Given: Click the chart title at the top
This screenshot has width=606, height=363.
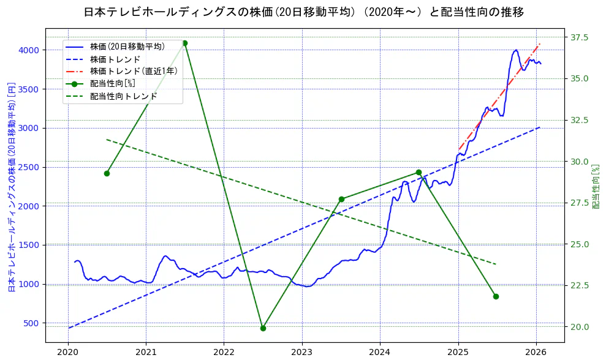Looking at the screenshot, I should point(303,12).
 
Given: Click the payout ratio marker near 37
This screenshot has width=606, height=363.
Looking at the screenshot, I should point(184,43).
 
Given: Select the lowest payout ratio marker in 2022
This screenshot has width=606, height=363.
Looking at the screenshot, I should point(263,328).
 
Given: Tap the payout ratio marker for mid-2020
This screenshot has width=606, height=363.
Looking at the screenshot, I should point(107,173).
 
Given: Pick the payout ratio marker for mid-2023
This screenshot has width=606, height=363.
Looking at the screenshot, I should point(341,199).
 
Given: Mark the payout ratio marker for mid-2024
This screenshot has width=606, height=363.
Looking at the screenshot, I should point(419,173).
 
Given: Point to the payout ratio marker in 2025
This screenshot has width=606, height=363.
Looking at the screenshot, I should point(496,296).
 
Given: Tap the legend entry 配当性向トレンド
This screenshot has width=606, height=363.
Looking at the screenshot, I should point(123,96).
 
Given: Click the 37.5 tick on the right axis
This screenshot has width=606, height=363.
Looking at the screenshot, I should point(580,37).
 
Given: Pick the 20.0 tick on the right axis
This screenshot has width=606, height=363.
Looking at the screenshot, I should point(580,327).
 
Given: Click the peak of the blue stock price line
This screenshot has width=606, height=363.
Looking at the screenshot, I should point(516,50).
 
